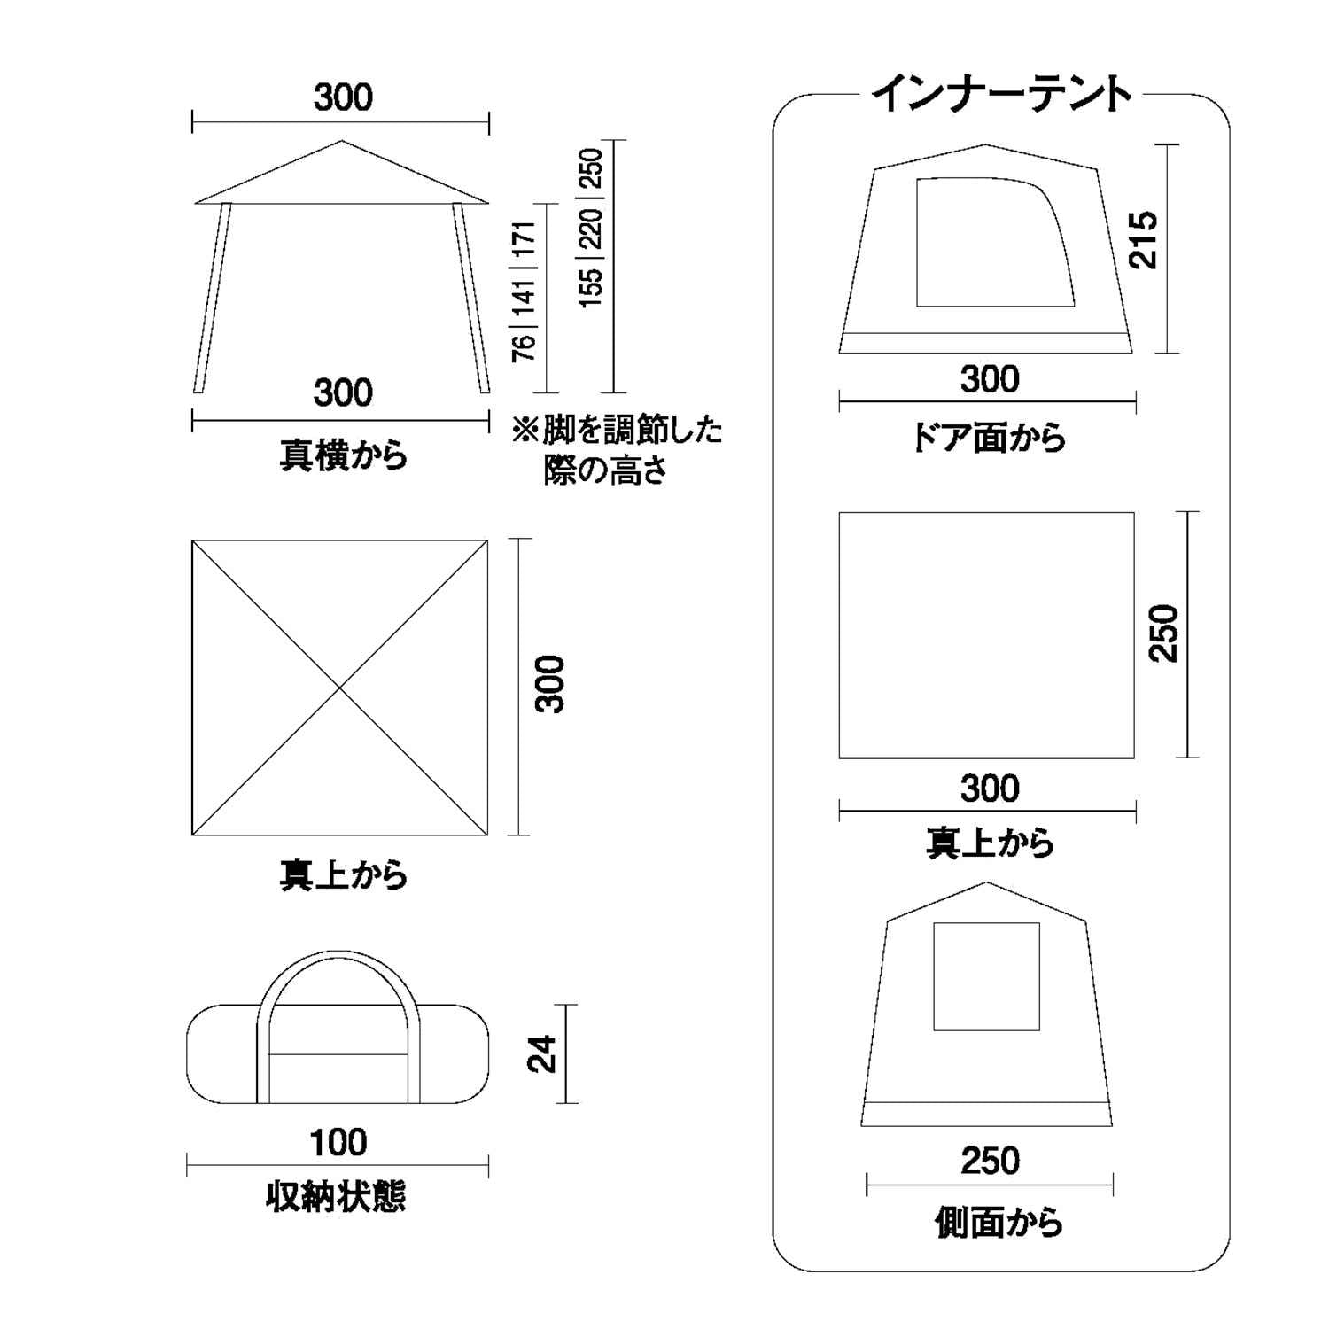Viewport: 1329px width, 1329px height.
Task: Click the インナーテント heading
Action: [1002, 95]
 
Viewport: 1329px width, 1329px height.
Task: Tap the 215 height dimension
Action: [1143, 239]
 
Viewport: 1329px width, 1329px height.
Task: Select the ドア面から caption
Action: [989, 438]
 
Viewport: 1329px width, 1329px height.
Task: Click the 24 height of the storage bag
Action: [541, 1053]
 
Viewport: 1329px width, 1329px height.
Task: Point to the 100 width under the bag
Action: [338, 1143]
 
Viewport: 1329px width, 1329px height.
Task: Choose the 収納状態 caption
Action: [337, 1198]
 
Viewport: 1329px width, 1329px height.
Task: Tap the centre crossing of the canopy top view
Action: [340, 687]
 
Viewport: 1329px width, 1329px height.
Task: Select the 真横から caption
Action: [344, 455]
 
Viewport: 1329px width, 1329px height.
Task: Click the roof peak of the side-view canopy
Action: [342, 143]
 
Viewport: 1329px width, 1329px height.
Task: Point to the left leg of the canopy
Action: [212, 297]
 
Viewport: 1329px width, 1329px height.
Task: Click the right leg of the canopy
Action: [471, 297]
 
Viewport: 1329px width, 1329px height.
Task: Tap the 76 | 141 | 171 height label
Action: [524, 291]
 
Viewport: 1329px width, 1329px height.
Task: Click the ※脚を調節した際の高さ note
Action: [617, 450]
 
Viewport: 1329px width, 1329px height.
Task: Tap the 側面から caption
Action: [999, 1223]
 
